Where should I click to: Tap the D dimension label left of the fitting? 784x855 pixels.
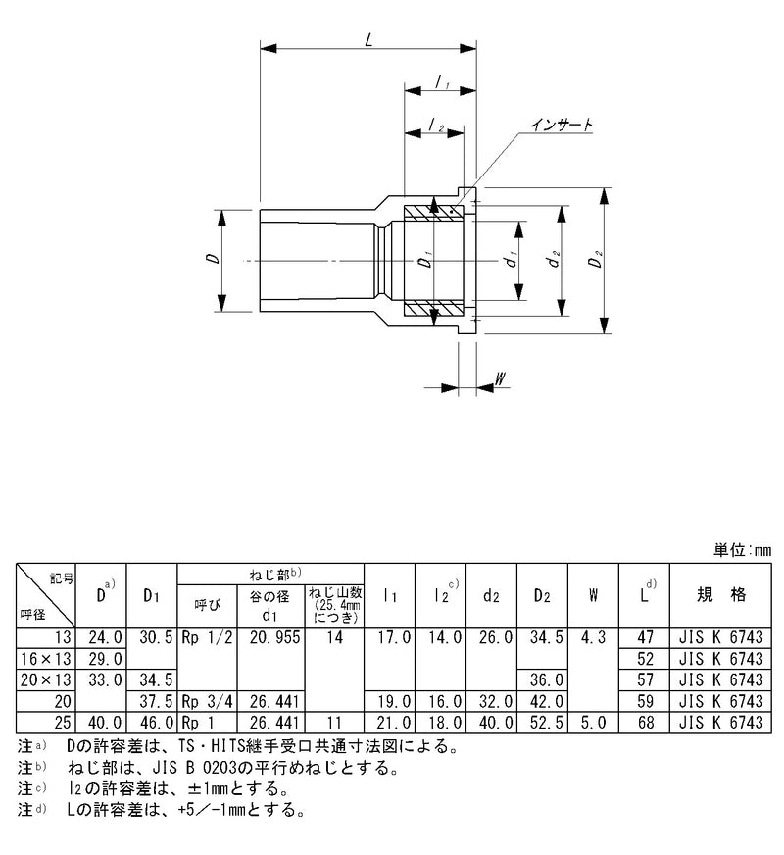(212, 260)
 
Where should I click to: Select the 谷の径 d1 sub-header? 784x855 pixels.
(269, 603)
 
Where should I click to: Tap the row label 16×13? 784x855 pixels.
(46, 658)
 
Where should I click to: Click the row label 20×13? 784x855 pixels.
(46, 678)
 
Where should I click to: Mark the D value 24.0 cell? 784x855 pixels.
(105, 638)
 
